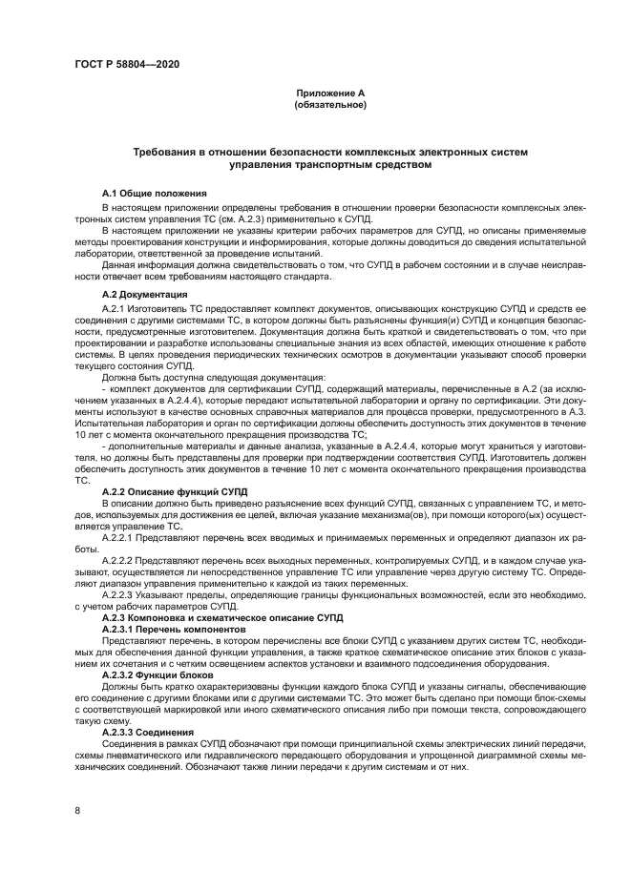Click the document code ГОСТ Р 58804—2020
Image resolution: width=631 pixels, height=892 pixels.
coord(127,64)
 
